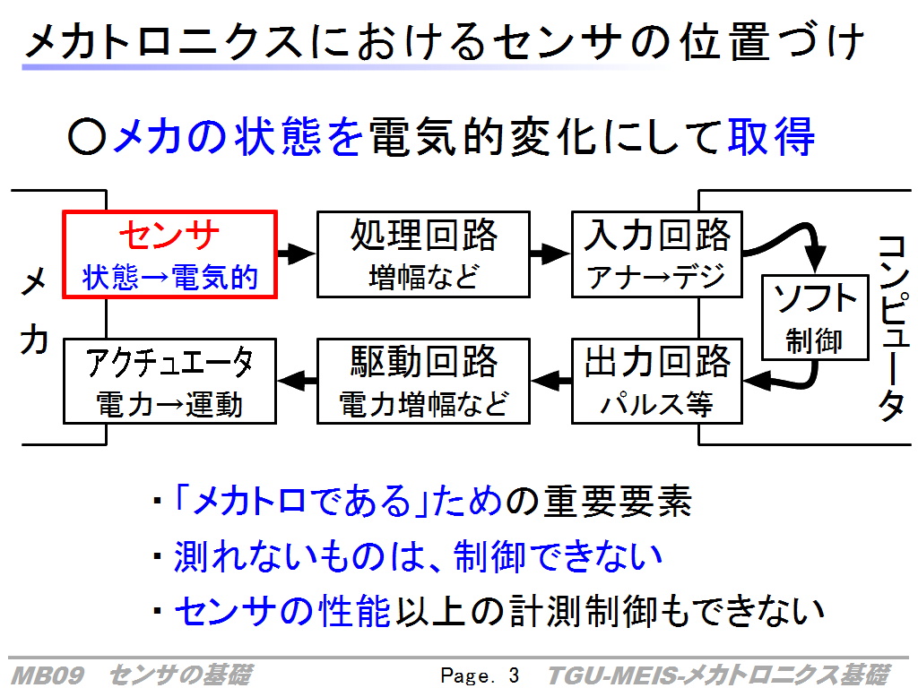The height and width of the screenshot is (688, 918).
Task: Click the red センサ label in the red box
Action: pyautogui.click(x=169, y=236)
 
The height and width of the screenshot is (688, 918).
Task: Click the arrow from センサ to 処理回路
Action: pyautogui.click(x=297, y=254)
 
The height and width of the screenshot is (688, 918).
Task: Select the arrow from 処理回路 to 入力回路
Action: pyautogui.click(x=550, y=254)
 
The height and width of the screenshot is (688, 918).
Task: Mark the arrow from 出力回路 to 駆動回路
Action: pyautogui.click(x=551, y=382)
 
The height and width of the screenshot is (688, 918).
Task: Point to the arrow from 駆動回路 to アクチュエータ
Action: pyautogui.click(x=297, y=382)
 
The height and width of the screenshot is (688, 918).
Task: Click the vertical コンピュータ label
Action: pyautogui.click(x=894, y=328)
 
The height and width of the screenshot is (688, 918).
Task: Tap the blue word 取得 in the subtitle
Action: pyautogui.click(x=771, y=137)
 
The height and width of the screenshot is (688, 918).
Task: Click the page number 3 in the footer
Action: pyautogui.click(x=514, y=675)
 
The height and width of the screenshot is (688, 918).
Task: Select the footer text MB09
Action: pyautogui.click(x=48, y=675)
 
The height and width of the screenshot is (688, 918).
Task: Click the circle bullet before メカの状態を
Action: pyautogui.click(x=87, y=137)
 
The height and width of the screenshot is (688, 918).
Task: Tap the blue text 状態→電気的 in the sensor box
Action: pyautogui.click(x=169, y=278)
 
